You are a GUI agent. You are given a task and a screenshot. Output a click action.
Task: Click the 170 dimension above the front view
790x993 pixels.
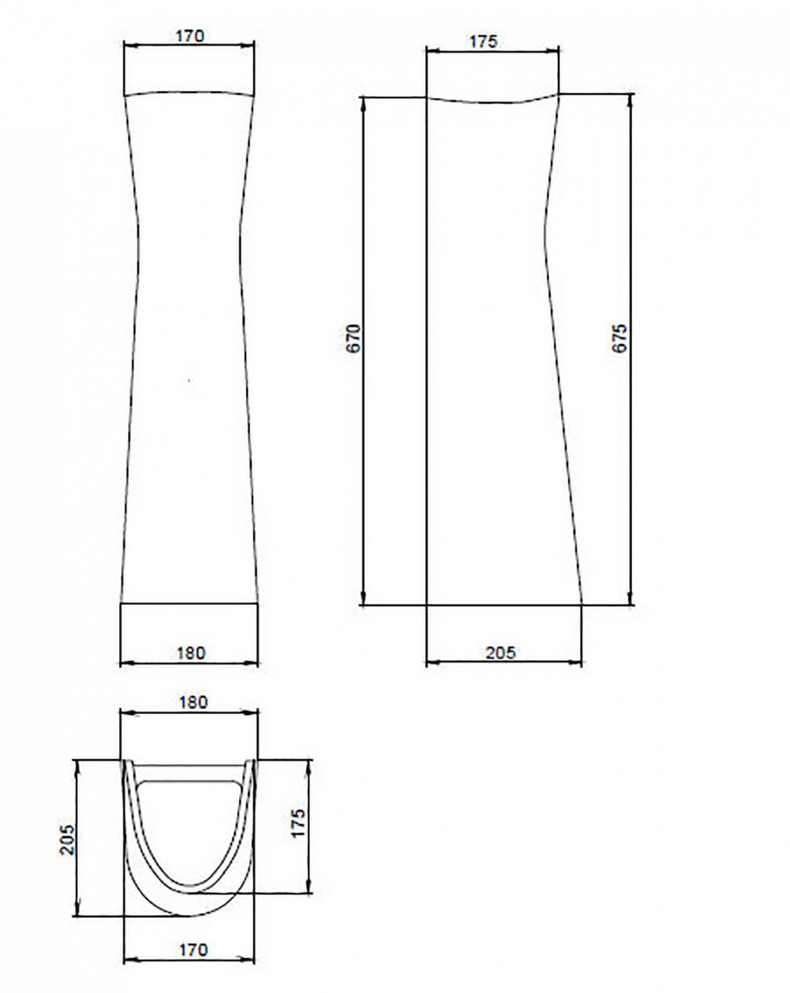click(191, 36)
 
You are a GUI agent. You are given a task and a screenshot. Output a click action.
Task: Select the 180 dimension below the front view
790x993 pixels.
click(191, 653)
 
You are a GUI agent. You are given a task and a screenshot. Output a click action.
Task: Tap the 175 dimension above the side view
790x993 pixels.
click(484, 42)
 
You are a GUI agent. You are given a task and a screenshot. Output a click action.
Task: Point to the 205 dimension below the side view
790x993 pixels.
click(500, 652)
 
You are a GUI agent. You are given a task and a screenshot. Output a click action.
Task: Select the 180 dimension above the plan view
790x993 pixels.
click(193, 701)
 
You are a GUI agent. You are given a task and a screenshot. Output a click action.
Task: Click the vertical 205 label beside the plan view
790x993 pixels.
click(67, 840)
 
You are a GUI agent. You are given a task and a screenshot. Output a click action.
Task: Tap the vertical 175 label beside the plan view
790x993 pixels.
click(298, 822)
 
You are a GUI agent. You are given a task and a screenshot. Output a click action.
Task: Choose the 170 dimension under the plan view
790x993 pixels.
click(193, 950)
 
